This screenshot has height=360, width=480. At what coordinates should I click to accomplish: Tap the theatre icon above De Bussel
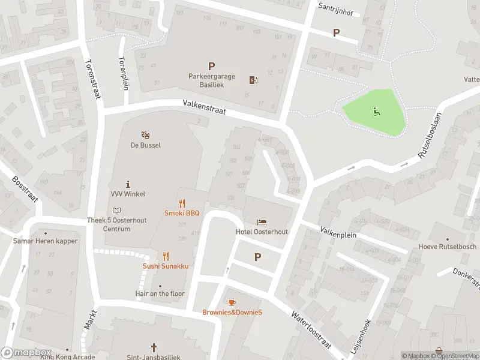point(145,135)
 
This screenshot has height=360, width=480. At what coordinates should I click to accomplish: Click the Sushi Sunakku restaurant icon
point(166,256)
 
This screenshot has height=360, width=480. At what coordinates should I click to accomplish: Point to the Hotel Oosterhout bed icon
point(262,223)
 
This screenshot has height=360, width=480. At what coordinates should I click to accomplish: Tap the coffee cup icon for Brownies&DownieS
point(232,302)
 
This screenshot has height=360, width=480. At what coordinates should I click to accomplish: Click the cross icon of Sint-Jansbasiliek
point(154,347)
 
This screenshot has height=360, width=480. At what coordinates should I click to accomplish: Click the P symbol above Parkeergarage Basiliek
point(211,67)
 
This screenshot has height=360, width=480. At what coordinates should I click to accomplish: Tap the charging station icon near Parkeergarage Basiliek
point(254,80)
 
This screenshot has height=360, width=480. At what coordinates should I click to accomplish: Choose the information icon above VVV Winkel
point(128,184)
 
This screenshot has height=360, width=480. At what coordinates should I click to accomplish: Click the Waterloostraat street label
point(313,329)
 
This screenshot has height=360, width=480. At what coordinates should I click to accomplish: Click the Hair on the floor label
point(160,293)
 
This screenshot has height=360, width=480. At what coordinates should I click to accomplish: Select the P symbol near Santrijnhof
point(337,33)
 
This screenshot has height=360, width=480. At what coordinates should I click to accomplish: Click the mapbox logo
point(26,353)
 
